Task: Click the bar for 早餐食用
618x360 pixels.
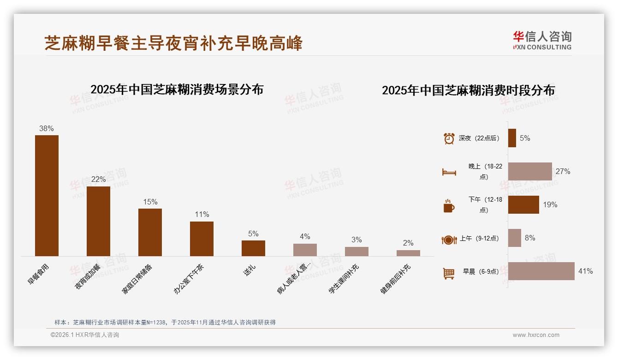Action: pyautogui.click(x=47, y=195)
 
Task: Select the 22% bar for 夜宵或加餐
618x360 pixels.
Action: pyautogui.click(x=98, y=221)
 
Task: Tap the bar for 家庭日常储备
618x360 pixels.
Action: pyautogui.click(x=150, y=232)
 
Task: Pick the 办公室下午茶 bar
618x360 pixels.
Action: pyautogui.click(x=202, y=239)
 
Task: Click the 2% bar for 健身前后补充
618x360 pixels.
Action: pyautogui.click(x=408, y=253)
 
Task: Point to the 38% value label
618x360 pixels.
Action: pyautogui.click(x=47, y=129)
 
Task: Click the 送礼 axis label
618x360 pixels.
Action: pyautogui.click(x=249, y=270)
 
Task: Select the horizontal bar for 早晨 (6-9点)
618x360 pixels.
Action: pyautogui.click(x=541, y=271)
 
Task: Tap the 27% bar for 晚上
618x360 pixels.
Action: pyautogui.click(x=530, y=171)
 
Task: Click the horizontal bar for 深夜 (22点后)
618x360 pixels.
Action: pyautogui.click(x=512, y=138)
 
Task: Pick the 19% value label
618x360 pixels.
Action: pyautogui.click(x=550, y=204)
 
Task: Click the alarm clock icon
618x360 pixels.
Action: pyautogui.click(x=449, y=138)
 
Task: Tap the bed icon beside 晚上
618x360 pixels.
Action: pyautogui.click(x=449, y=172)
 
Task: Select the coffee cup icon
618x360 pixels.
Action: pyautogui.click(x=449, y=206)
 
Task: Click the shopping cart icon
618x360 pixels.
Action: pyautogui.click(x=449, y=273)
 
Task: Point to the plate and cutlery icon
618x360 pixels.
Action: pyautogui.click(x=449, y=240)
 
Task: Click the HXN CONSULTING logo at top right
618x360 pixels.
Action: pyautogui.click(x=542, y=40)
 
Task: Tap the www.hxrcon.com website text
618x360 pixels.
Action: pyautogui.click(x=536, y=335)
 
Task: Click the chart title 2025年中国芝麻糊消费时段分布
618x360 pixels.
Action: pyautogui.click(x=468, y=90)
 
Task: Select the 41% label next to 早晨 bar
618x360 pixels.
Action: pyautogui.click(x=586, y=271)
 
